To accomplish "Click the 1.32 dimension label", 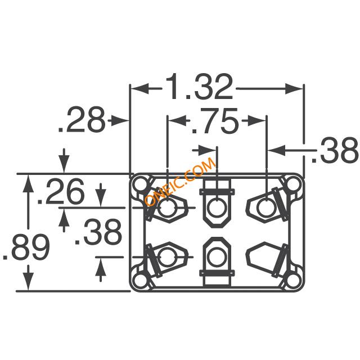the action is (x=199, y=87).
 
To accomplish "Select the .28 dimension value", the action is (x=82, y=120).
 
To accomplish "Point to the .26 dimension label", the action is (x=61, y=191).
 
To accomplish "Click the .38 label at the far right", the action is (x=335, y=150).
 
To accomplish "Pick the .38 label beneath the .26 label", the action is (x=98, y=232).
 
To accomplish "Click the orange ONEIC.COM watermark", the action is (x=181, y=182).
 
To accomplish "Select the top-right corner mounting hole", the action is (x=294, y=184).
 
